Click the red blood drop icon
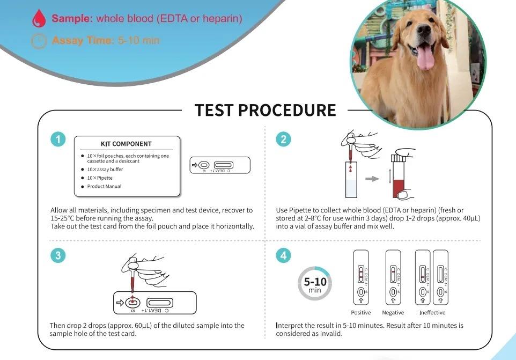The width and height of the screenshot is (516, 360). [39, 19]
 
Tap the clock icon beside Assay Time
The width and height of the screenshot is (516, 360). [39, 41]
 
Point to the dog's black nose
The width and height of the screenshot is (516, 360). [424, 31]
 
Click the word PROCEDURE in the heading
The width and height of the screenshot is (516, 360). [287, 110]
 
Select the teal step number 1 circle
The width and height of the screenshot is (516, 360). [58, 139]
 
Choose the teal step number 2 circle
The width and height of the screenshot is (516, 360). [283, 139]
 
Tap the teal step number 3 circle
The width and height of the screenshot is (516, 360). [58, 256]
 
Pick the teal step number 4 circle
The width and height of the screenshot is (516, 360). [283, 256]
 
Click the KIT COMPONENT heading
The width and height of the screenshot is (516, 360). [126, 144]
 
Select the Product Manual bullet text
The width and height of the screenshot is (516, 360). [104, 186]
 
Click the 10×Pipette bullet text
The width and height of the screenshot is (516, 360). [100, 178]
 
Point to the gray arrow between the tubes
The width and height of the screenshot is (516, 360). [372, 179]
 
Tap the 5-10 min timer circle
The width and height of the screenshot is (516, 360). [315, 283]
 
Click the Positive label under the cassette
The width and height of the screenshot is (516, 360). [360, 313]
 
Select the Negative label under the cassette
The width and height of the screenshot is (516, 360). [393, 313]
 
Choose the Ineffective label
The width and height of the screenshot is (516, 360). [432, 313]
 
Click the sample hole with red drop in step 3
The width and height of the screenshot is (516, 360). [132, 303]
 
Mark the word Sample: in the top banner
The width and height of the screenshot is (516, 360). [73, 18]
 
